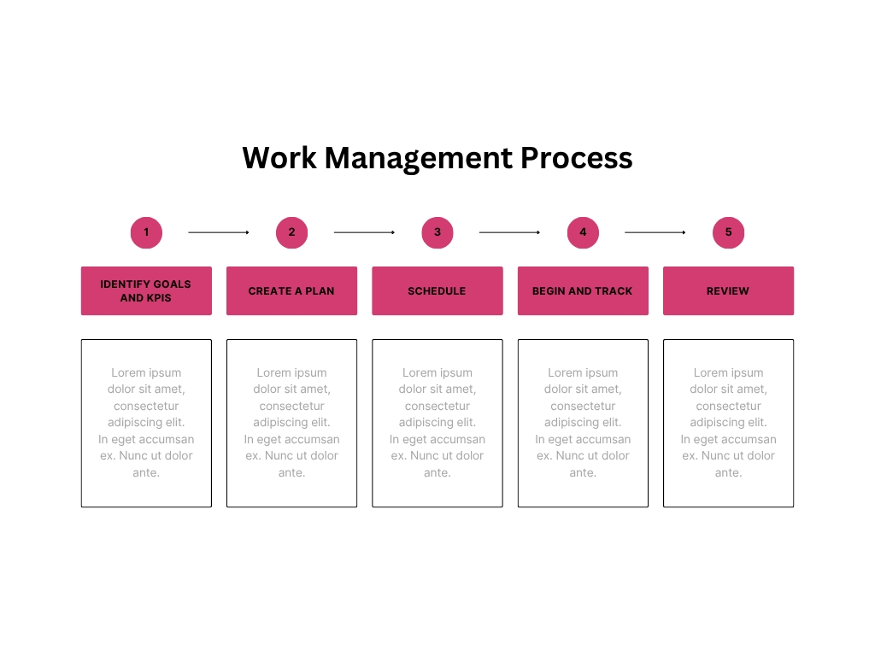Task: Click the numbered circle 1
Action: pos(146,232)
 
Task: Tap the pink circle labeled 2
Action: pos(292,232)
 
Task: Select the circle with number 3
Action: pos(437,232)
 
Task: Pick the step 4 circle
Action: pos(583,232)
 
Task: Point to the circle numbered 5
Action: pos(728,232)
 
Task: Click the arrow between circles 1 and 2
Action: pos(219,232)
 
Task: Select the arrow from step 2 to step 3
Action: pos(364,232)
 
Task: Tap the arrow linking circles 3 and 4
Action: pos(509,232)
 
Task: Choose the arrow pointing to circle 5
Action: pos(655,232)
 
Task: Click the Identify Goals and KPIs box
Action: pos(146,290)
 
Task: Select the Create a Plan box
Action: pos(292,290)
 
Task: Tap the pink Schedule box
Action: pos(437,290)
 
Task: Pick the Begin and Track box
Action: pos(583,290)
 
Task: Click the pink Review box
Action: pos(728,290)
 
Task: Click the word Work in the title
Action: pos(279,158)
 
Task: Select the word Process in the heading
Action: pos(577,158)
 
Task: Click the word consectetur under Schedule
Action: pos(437,406)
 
